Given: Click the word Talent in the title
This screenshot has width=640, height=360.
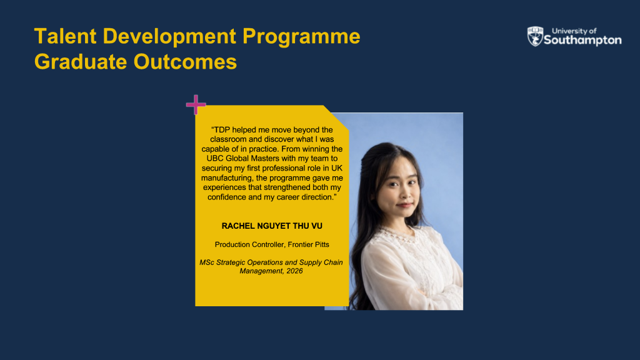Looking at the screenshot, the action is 65,36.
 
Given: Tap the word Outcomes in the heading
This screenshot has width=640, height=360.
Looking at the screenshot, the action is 185,62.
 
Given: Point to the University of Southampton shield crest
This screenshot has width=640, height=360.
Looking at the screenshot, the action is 535,36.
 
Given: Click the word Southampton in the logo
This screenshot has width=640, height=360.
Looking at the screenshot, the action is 582,40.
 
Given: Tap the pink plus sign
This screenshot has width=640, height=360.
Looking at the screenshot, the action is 196,104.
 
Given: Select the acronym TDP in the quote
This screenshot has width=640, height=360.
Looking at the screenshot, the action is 222,130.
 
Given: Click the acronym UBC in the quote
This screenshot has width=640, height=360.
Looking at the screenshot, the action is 215,158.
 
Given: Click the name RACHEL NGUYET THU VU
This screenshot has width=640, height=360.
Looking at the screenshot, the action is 272,226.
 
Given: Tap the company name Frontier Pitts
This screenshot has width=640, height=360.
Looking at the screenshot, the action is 308,244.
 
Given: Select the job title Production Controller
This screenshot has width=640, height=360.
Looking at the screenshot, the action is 249,244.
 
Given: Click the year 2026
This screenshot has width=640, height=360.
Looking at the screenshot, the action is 294,271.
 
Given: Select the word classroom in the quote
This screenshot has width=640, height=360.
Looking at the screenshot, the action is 228,139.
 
